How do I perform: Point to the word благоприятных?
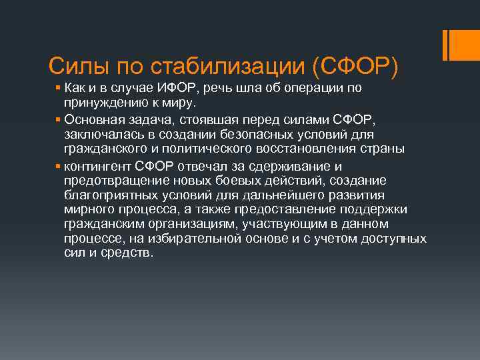click(111, 195)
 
